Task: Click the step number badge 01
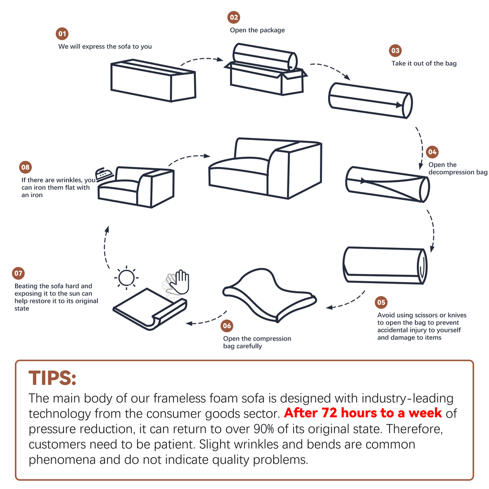(62, 34)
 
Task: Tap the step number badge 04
(432, 152)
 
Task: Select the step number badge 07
(19, 273)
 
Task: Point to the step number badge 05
(381, 302)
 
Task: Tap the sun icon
(126, 277)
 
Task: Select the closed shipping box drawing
(153, 80)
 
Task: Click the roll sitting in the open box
(265, 57)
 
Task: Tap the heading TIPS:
(53, 378)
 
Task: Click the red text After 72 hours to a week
(363, 413)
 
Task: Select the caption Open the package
(257, 30)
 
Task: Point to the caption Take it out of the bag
(424, 64)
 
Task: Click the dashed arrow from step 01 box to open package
(202, 59)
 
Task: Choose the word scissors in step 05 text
(425, 315)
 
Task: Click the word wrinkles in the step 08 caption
(69, 180)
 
